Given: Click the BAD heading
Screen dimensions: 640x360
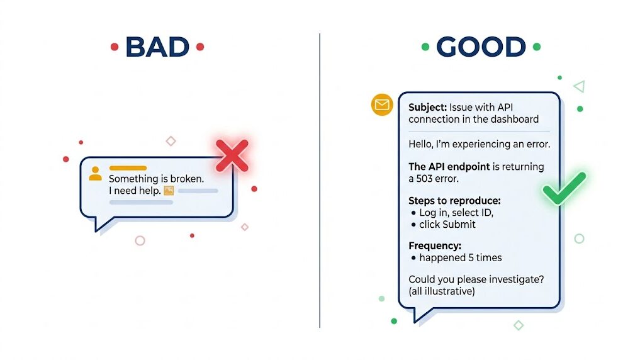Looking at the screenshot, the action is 157,47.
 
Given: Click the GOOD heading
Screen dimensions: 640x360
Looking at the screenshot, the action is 481,47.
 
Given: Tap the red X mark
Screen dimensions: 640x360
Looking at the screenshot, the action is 232,155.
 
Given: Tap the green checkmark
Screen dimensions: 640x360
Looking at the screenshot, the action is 564,188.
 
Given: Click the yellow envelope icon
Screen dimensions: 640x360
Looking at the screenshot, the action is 382,105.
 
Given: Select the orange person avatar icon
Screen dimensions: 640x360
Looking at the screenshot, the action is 95,174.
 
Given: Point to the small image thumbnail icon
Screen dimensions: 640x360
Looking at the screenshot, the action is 169,191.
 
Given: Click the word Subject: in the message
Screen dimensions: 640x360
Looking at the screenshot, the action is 428,108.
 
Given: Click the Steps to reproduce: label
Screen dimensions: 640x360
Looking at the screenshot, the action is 454,201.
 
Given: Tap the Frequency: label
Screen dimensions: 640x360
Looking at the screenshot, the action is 435,245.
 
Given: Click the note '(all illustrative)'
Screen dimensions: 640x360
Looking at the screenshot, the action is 442,291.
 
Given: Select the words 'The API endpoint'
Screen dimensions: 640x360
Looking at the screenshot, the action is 449,167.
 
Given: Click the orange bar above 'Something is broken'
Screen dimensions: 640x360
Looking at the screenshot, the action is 128,168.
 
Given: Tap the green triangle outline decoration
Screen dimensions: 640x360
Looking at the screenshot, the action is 579,86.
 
